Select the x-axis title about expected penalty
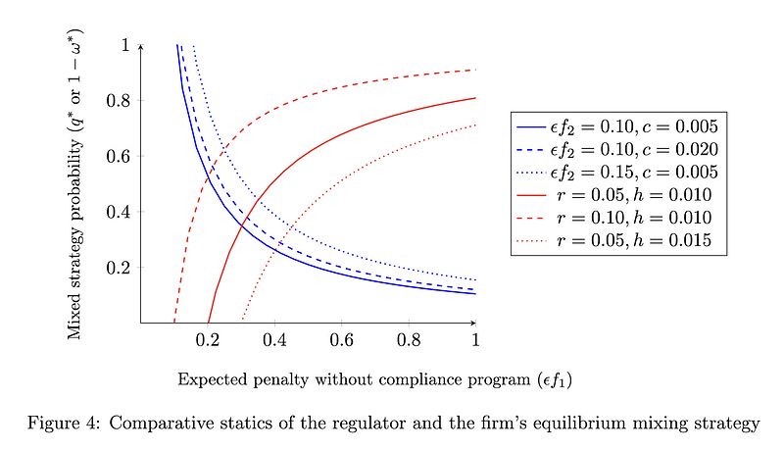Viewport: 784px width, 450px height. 308,377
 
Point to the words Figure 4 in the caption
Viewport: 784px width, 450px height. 65,424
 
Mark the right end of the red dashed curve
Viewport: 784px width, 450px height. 475,70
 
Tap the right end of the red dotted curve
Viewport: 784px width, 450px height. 475,125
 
